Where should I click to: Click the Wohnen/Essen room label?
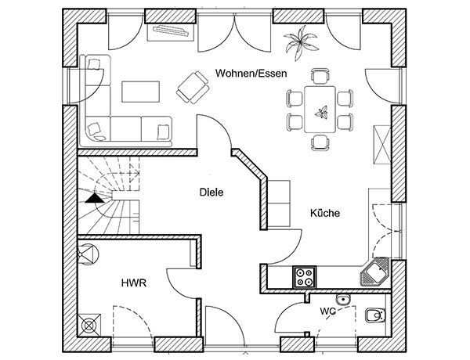point(251,74)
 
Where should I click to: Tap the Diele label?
point(211,192)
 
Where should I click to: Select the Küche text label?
point(325,213)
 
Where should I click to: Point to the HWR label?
point(134,283)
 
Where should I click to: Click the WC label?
point(328,311)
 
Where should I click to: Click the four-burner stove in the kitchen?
point(304,277)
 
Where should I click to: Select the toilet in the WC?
point(375,315)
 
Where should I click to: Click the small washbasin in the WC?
point(343,299)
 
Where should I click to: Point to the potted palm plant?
point(300,42)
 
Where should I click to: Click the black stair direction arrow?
point(95,198)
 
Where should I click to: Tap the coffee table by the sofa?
point(140,92)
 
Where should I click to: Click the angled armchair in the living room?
point(193,87)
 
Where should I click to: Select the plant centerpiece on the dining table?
point(321,112)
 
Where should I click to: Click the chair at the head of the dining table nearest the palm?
point(320,75)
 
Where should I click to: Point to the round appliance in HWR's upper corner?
point(88,254)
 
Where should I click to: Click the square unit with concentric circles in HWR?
point(89,325)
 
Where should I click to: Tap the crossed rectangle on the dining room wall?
point(382,145)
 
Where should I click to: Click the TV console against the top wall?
point(171,31)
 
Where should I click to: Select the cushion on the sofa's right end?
point(162,132)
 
